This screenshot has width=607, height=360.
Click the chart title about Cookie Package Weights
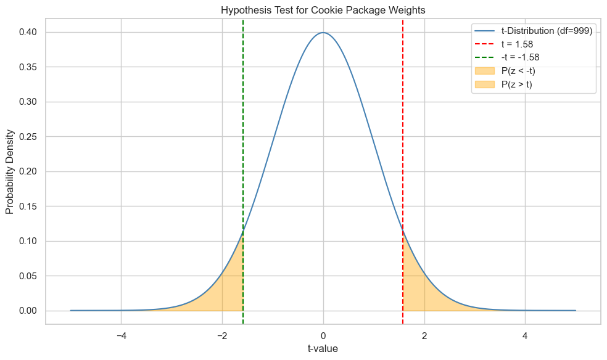click(x=323, y=10)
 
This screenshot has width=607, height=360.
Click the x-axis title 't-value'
click(x=323, y=349)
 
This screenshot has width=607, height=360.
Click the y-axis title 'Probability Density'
click(x=10, y=171)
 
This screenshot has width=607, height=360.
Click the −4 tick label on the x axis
click(x=121, y=336)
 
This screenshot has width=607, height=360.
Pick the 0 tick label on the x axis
click(x=323, y=336)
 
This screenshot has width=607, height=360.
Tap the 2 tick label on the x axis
click(x=424, y=336)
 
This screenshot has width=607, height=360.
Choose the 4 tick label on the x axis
click(x=525, y=336)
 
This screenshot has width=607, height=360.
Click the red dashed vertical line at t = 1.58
click(x=403, y=154)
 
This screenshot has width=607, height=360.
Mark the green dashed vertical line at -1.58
click(x=243, y=154)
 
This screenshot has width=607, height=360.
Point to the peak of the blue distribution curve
click(x=323, y=33)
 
